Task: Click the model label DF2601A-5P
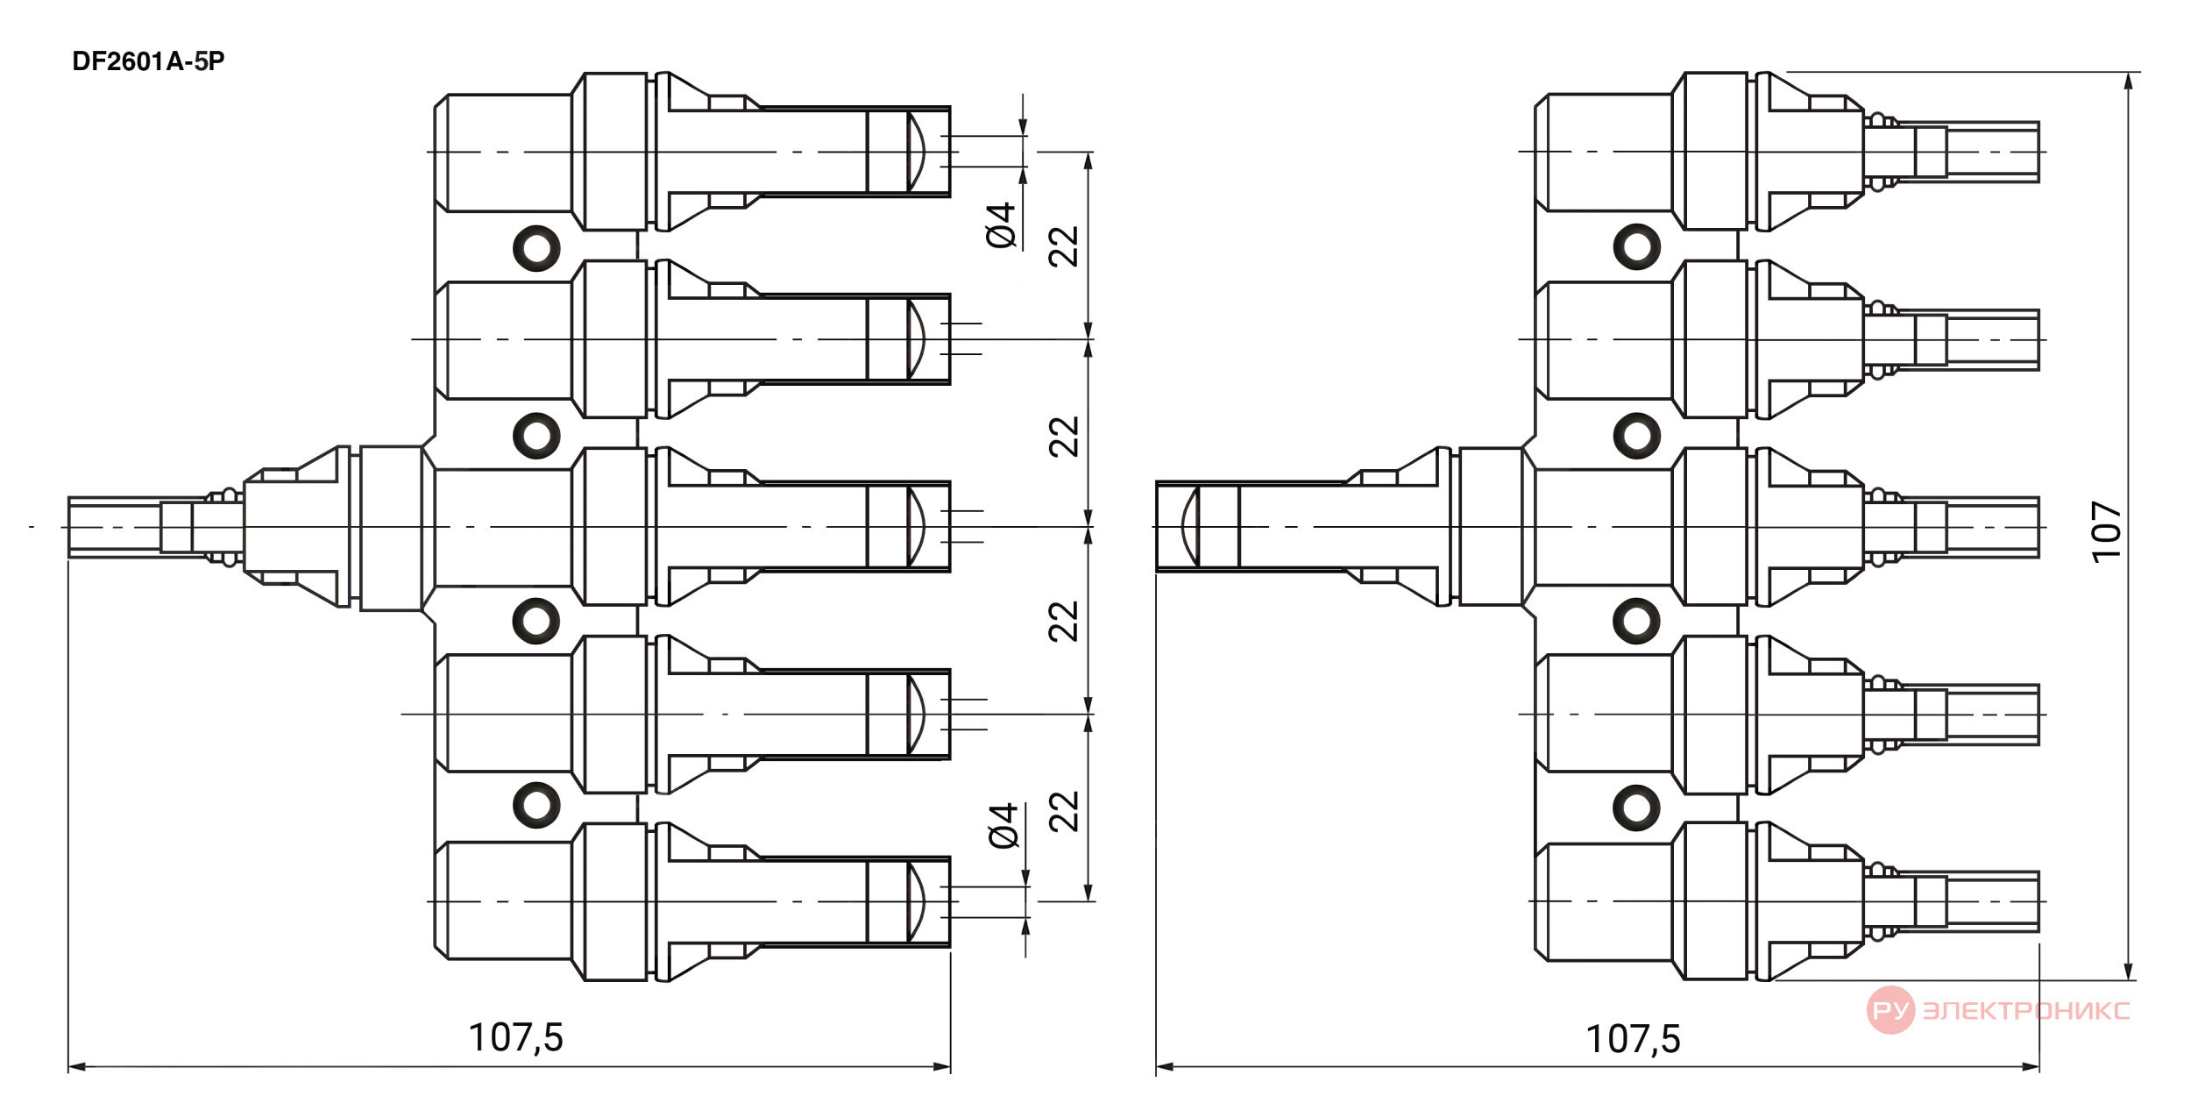pyautogui.click(x=148, y=61)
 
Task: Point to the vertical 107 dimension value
pyautogui.click(x=2106, y=531)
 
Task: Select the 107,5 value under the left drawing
pyautogui.click(x=515, y=1037)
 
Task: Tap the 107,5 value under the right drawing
pyautogui.click(x=1633, y=1039)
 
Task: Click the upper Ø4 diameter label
pyautogui.click(x=1000, y=225)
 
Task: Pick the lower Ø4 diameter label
pyautogui.click(x=1003, y=825)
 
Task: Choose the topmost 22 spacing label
pyautogui.click(x=1063, y=246)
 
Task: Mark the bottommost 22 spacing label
pyautogui.click(x=1063, y=812)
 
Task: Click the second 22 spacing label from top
pyautogui.click(x=1063, y=437)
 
